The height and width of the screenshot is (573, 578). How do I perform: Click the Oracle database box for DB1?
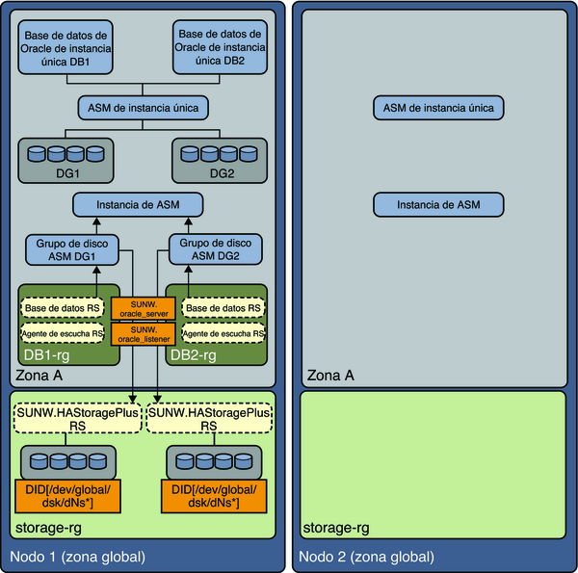(x=66, y=47)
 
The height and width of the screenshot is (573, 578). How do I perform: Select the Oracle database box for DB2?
(x=220, y=47)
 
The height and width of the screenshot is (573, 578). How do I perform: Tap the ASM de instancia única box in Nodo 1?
(x=143, y=108)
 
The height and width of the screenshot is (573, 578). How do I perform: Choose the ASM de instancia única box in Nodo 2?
(x=438, y=108)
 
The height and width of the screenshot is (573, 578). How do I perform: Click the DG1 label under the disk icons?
(x=67, y=173)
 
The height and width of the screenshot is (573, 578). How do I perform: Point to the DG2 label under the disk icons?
(x=222, y=173)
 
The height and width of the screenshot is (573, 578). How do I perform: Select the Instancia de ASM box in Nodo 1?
(x=138, y=204)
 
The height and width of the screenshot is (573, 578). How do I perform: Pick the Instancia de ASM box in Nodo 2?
(x=438, y=204)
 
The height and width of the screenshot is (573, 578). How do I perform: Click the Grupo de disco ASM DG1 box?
(x=72, y=249)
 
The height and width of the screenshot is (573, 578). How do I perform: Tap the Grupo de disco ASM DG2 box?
(x=216, y=249)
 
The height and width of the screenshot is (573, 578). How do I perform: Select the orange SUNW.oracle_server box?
(x=144, y=309)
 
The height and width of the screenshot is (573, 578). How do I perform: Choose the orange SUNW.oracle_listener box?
(x=144, y=334)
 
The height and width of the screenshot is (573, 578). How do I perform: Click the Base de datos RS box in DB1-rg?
(x=63, y=308)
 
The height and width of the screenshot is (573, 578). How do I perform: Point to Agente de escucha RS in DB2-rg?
(x=223, y=333)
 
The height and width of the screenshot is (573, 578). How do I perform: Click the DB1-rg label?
(x=46, y=355)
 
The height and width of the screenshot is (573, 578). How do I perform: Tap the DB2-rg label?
(x=194, y=355)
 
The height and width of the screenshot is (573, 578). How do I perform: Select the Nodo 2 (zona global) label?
(x=366, y=557)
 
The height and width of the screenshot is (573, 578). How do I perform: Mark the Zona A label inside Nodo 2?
(x=330, y=376)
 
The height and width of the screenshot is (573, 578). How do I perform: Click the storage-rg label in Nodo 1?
(x=48, y=528)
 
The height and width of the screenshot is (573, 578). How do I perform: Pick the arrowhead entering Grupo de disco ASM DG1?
(x=96, y=270)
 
